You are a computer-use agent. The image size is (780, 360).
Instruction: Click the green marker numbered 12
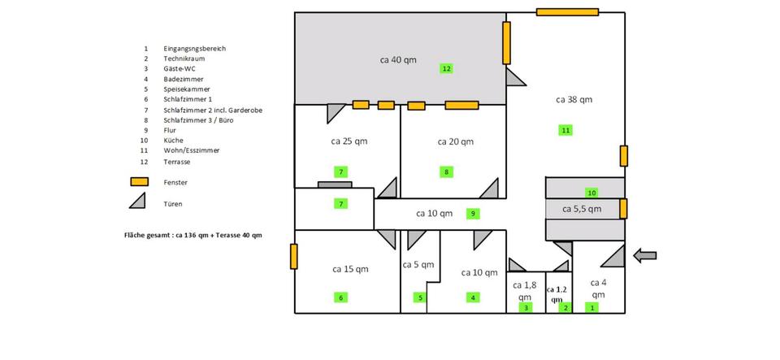coord(446,68)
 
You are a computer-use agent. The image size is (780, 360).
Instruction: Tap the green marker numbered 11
coord(565,130)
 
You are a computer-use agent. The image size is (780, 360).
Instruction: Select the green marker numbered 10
coord(591,193)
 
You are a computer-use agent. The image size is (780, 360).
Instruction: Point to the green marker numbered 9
coord(473,214)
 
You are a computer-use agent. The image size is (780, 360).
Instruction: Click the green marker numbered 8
coord(446,171)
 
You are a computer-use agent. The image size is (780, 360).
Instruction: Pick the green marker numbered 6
coord(340,297)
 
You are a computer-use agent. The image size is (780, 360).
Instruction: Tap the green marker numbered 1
coord(592,307)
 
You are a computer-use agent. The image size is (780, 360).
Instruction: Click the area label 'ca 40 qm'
coord(398,59)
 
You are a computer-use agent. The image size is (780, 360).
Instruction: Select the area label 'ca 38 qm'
coord(574,99)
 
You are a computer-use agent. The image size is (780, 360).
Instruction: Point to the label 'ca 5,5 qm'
coord(582,209)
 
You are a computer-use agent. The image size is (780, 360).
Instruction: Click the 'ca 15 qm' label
coord(350,268)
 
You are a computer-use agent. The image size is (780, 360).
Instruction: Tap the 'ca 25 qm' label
coord(349,141)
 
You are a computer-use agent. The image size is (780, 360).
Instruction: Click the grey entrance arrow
coord(644,256)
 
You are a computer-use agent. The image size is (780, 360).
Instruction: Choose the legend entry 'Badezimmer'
coord(183,79)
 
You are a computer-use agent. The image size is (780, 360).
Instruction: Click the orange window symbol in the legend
coord(139,182)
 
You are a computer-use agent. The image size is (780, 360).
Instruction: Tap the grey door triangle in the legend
coord(139,202)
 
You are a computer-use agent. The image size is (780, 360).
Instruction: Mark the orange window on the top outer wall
coord(567,12)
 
